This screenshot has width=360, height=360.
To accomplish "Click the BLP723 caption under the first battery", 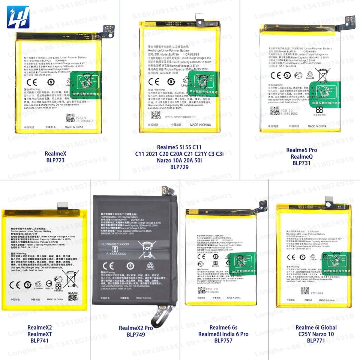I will click(x=55, y=160).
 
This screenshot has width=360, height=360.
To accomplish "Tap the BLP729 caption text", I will click(x=179, y=167).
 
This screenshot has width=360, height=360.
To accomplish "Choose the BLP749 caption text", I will click(x=135, y=334).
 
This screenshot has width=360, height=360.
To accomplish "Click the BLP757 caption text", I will click(x=223, y=340).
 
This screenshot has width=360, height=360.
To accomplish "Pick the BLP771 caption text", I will click(x=316, y=340).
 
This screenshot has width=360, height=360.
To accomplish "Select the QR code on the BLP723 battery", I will click(x=70, y=118).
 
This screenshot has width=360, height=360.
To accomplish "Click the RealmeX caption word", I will click(x=55, y=153).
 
